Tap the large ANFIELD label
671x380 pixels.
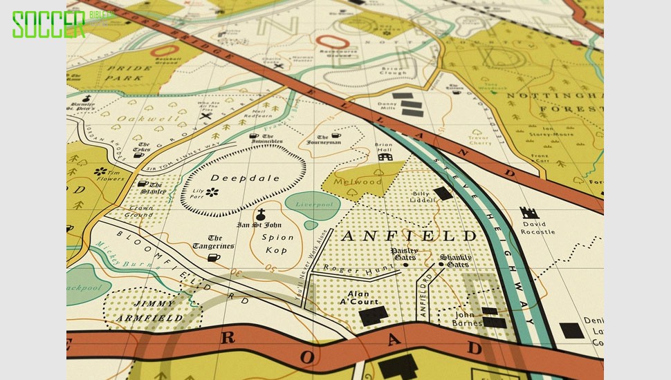[x=408, y=236]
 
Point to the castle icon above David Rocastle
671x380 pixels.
[x=529, y=213]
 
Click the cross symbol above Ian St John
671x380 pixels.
[x=261, y=214]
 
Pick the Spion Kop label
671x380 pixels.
[x=277, y=243]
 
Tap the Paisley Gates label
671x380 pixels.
[x=404, y=254]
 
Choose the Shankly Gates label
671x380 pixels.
[x=454, y=260]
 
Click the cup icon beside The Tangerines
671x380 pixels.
[x=214, y=257]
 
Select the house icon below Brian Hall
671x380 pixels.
[x=385, y=158]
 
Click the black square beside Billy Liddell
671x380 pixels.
[x=442, y=193]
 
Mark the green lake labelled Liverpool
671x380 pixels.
[x=312, y=205]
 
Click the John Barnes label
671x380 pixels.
[x=467, y=319]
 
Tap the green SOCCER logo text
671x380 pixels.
[x=48, y=24]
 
